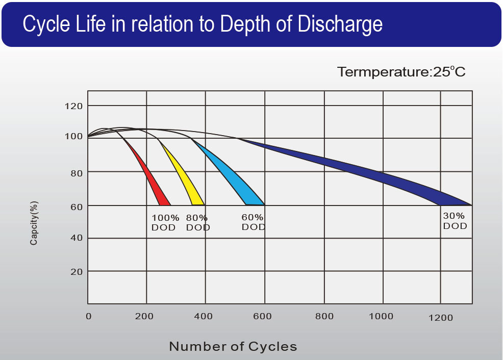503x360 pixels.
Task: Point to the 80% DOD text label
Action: click(198, 222)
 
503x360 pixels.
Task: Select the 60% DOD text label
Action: click(253, 222)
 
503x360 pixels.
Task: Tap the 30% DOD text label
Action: click(455, 221)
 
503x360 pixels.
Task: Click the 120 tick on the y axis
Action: click(74, 106)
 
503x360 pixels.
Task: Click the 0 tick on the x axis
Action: click(89, 317)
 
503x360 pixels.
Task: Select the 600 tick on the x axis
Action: click(262, 317)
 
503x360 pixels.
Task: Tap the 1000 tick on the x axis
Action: click(381, 317)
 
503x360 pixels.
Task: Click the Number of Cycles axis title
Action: click(233, 347)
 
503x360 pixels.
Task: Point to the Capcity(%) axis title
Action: click(34, 223)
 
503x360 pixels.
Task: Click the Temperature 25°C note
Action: click(401, 72)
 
